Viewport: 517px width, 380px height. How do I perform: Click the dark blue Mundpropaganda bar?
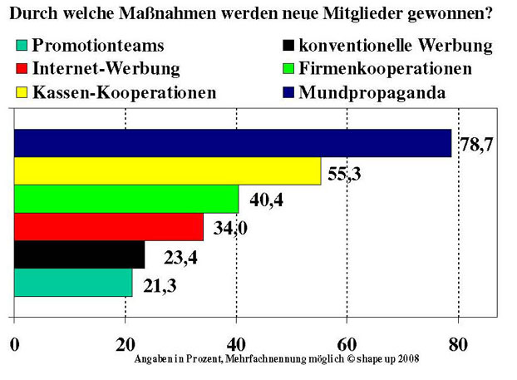pos(233,143)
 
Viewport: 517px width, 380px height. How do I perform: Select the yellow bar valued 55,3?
pos(167,171)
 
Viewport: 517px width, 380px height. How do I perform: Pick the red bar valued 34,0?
pos(109,227)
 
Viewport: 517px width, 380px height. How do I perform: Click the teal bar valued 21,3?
pos(73,283)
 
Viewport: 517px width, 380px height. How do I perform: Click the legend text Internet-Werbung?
pos(106,69)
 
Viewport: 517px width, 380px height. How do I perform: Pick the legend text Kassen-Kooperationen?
pos(124,92)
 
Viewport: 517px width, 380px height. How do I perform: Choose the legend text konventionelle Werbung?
pos(396,46)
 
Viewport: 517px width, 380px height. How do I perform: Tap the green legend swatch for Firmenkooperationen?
pos(288,69)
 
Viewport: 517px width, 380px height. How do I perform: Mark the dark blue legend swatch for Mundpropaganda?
pos(288,92)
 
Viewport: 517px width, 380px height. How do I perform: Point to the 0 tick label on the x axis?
pos(14,343)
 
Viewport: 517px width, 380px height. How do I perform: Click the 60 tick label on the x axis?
pos(347,343)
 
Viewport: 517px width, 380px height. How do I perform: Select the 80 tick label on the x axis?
pos(456,343)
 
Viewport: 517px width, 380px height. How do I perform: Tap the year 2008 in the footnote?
pos(406,358)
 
